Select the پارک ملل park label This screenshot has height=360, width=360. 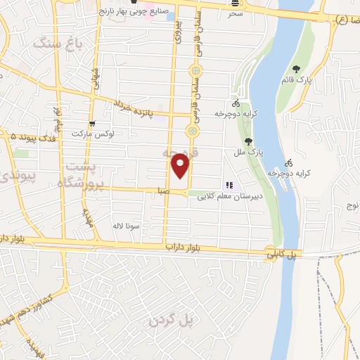tap(250, 152)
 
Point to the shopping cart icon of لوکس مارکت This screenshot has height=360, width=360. tap(93, 124)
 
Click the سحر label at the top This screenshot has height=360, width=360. tap(234, 14)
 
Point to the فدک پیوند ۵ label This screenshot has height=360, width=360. tap(28, 134)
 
